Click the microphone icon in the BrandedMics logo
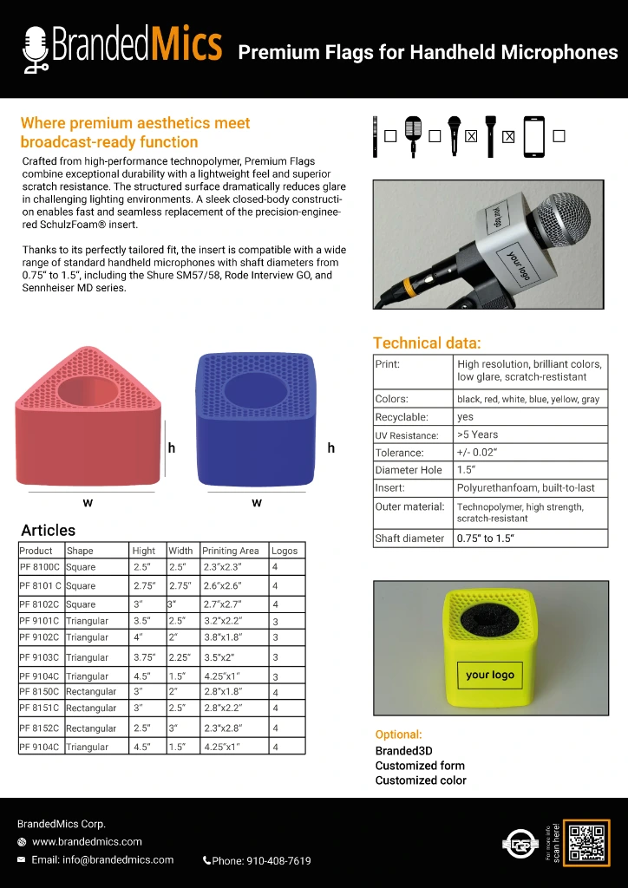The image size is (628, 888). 36,49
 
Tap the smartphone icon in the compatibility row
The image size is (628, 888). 533,137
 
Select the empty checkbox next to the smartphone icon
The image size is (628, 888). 559,136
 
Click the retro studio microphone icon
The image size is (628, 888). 413,136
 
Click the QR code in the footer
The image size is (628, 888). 586,842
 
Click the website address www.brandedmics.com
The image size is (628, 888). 87,842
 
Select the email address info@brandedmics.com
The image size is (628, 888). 102,860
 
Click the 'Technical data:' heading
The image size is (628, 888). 426,343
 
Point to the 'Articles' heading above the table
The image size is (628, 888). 48,530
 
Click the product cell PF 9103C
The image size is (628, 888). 40,658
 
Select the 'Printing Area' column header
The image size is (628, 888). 231,551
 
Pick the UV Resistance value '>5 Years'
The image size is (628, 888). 478,434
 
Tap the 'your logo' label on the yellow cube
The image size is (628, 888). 490,675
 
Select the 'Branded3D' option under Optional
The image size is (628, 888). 403,751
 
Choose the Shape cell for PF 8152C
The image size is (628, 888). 91,728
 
